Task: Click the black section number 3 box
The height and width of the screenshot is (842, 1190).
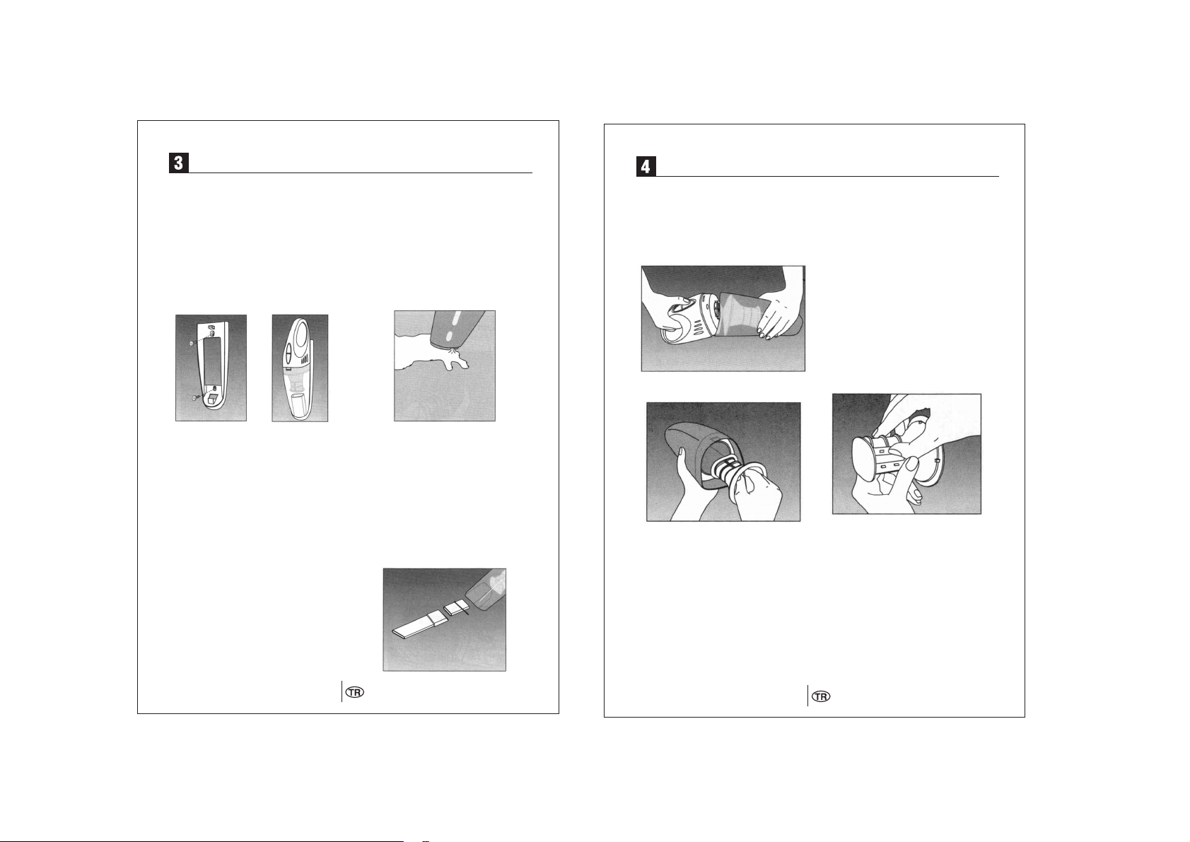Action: [178, 163]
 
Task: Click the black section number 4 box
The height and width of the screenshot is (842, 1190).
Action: [646, 167]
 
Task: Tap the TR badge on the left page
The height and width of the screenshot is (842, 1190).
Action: [356, 692]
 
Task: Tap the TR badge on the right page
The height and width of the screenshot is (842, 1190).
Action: [822, 696]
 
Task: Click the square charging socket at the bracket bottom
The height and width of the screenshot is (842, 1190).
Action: [213, 398]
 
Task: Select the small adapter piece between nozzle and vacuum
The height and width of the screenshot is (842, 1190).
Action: [455, 607]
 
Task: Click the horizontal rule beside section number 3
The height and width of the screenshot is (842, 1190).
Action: [360, 173]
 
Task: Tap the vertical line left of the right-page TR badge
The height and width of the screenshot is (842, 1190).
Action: [808, 696]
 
